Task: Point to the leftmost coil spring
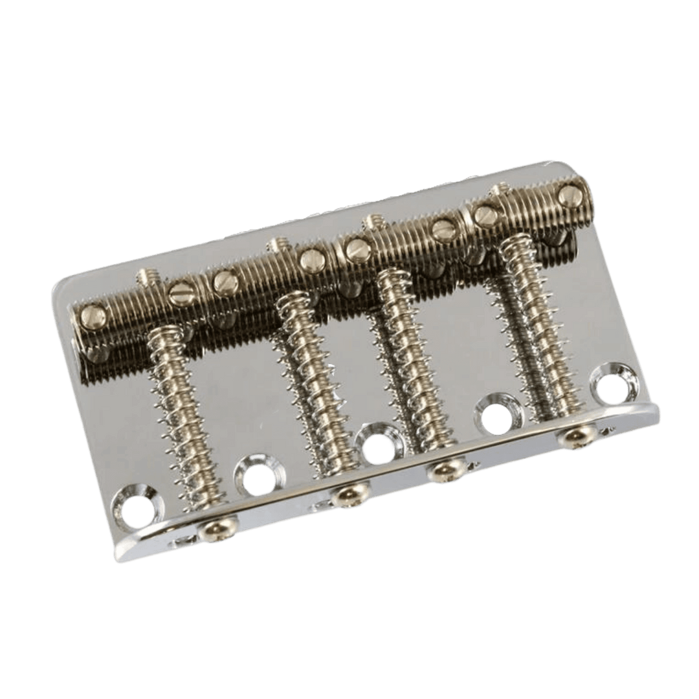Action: [172, 414]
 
